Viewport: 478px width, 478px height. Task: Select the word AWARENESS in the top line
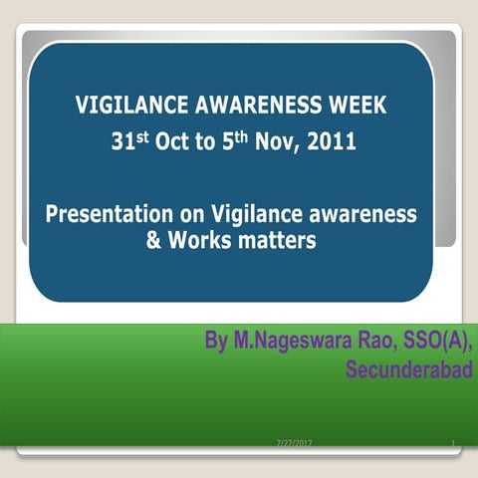point(255,107)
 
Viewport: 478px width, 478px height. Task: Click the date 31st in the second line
point(127,141)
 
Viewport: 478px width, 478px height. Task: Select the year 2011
point(331,142)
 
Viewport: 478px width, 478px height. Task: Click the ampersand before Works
point(153,240)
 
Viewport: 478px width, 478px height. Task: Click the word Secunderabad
point(408,370)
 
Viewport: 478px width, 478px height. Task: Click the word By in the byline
point(216,344)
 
